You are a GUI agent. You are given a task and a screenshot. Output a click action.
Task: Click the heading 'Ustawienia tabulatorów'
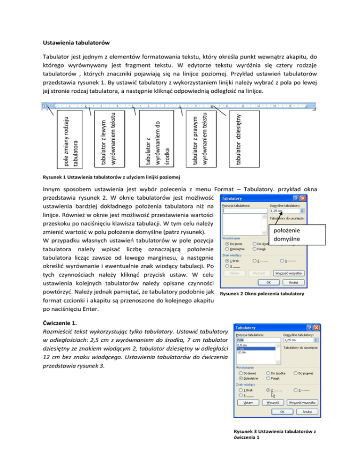pos(75,44)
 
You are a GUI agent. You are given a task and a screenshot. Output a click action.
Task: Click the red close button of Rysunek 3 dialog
pos(318,327)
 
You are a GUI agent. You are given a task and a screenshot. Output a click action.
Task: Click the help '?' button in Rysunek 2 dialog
pos(295,199)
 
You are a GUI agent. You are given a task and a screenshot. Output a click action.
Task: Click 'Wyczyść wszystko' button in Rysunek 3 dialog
pos(302,402)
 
